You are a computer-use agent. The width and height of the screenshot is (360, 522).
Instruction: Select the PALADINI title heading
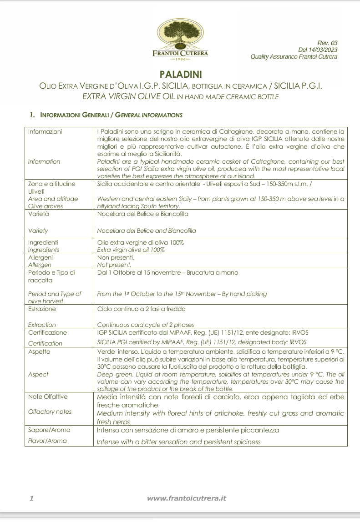[180, 74]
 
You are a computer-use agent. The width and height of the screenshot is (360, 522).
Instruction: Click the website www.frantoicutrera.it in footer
[187, 498]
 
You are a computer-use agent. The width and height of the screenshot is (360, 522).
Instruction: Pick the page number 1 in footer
[31, 498]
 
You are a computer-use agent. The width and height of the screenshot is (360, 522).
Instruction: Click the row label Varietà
[38, 214]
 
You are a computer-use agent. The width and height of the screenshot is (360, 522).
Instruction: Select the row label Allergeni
[41, 257]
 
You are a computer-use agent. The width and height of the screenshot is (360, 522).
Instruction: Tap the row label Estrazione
[42, 309]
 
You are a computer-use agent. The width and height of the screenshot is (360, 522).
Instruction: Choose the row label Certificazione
[47, 333]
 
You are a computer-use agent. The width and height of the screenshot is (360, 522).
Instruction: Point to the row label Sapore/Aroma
[49, 430]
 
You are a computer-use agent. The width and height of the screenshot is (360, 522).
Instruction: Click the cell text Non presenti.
[116, 257]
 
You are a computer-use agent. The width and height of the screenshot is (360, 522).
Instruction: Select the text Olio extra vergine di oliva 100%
[141, 243]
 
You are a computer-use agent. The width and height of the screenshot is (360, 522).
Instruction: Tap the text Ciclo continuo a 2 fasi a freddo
[147, 309]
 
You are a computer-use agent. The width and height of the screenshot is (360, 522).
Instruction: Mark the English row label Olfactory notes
[50, 412]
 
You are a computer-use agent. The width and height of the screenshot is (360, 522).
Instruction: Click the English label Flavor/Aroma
[47, 441]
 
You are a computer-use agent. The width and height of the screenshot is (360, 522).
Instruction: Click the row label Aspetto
[39, 351]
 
